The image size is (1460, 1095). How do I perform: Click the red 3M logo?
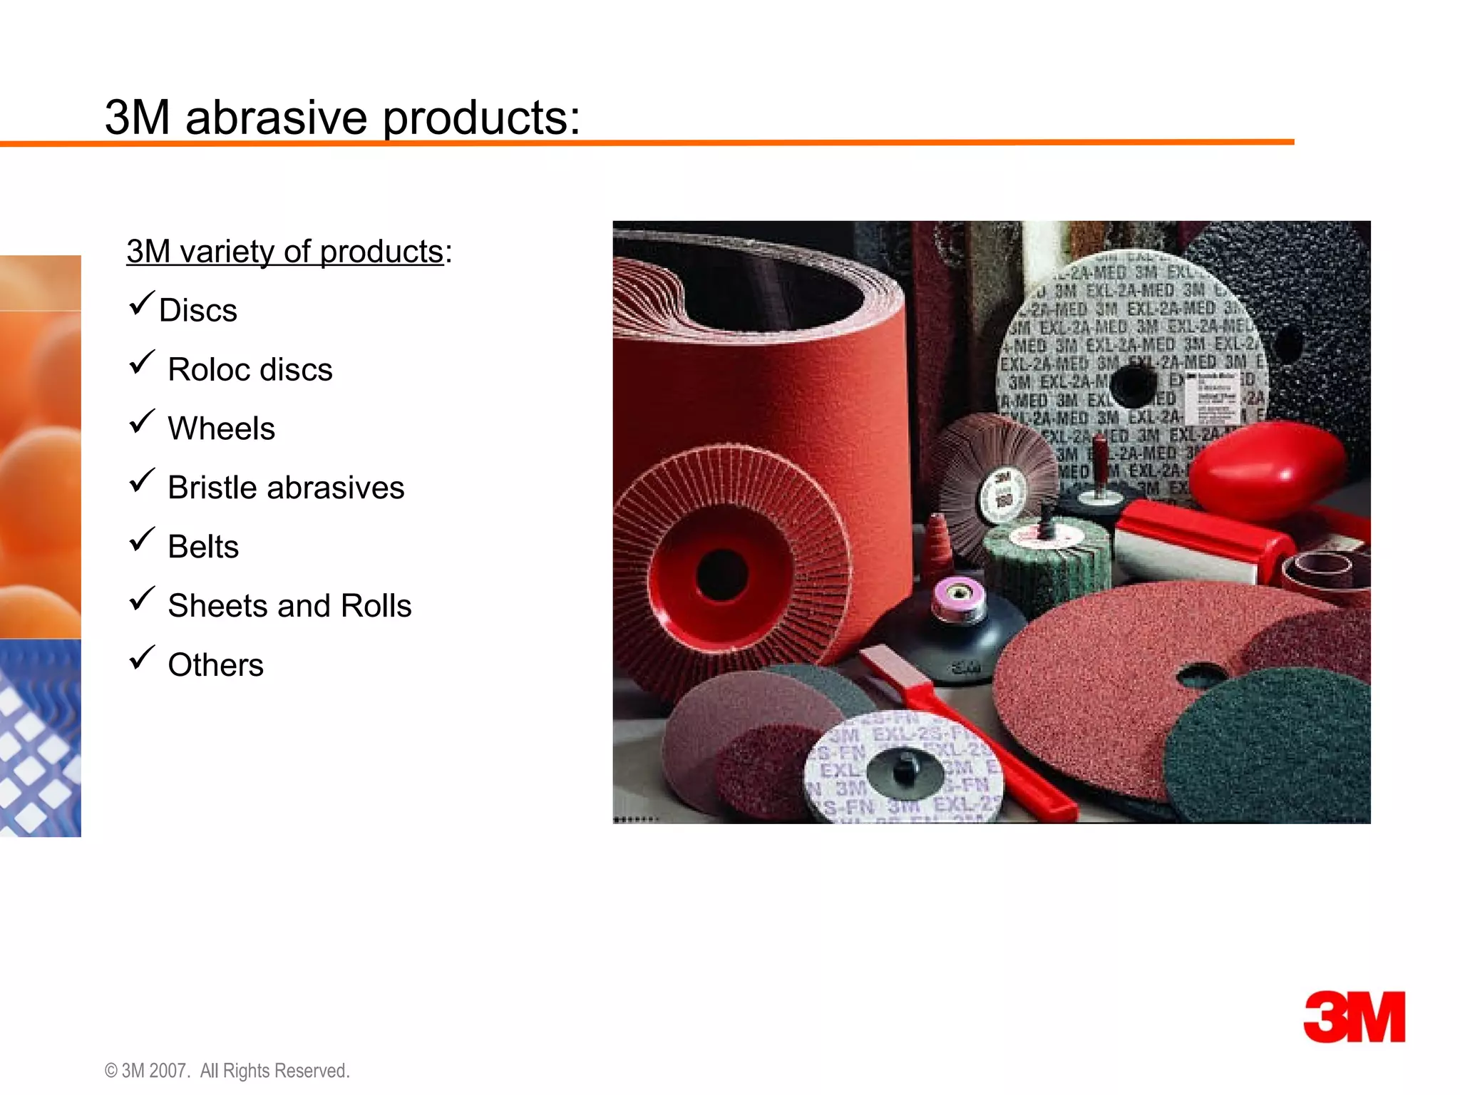1354,1017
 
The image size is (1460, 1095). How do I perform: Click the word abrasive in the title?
276,118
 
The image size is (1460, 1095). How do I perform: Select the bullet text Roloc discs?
250,370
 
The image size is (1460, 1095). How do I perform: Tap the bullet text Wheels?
221,429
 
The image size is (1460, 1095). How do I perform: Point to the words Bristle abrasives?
286,488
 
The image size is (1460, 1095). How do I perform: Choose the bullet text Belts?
203,547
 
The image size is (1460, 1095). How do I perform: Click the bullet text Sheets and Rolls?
289,607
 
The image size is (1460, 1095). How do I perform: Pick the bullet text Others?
215,666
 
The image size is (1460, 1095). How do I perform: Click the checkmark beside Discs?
142,304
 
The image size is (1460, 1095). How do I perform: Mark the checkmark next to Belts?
142,540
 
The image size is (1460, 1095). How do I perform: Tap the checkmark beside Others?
142,659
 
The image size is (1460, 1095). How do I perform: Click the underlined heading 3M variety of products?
285,252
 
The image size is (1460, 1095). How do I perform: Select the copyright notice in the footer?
227,1071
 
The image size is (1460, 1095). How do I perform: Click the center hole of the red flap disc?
721,575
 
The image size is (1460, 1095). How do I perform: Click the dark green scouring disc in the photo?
1276,749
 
